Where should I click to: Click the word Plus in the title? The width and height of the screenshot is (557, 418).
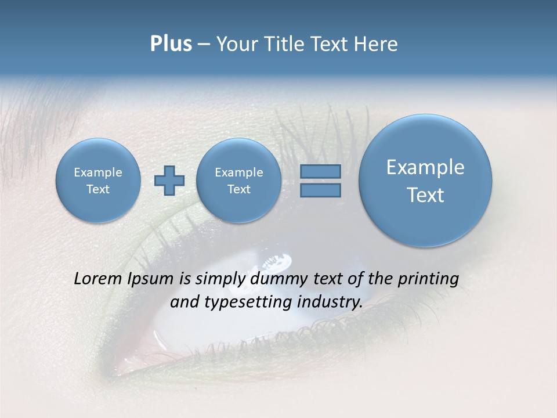171,44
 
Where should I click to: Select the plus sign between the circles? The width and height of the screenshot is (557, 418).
169,181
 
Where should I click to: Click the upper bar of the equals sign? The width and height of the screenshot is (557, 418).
320,171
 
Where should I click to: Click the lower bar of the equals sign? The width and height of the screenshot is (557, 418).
320,190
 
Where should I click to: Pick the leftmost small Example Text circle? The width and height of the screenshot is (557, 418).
98,181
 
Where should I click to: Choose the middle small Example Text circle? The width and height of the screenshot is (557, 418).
238,181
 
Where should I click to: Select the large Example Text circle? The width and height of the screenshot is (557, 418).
425,180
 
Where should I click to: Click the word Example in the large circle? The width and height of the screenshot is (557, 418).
425,167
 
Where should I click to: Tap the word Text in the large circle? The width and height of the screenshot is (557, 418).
425,195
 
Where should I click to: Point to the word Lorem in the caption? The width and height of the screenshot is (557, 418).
96,279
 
